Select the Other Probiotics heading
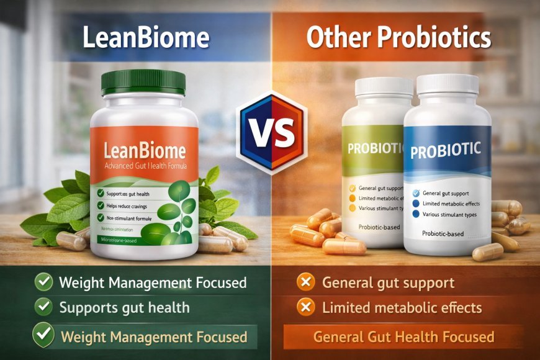(x=398, y=38)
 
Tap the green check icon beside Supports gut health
(x=43, y=307)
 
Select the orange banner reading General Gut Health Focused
(x=403, y=337)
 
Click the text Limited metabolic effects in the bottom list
(x=402, y=307)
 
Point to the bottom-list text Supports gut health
(x=124, y=307)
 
